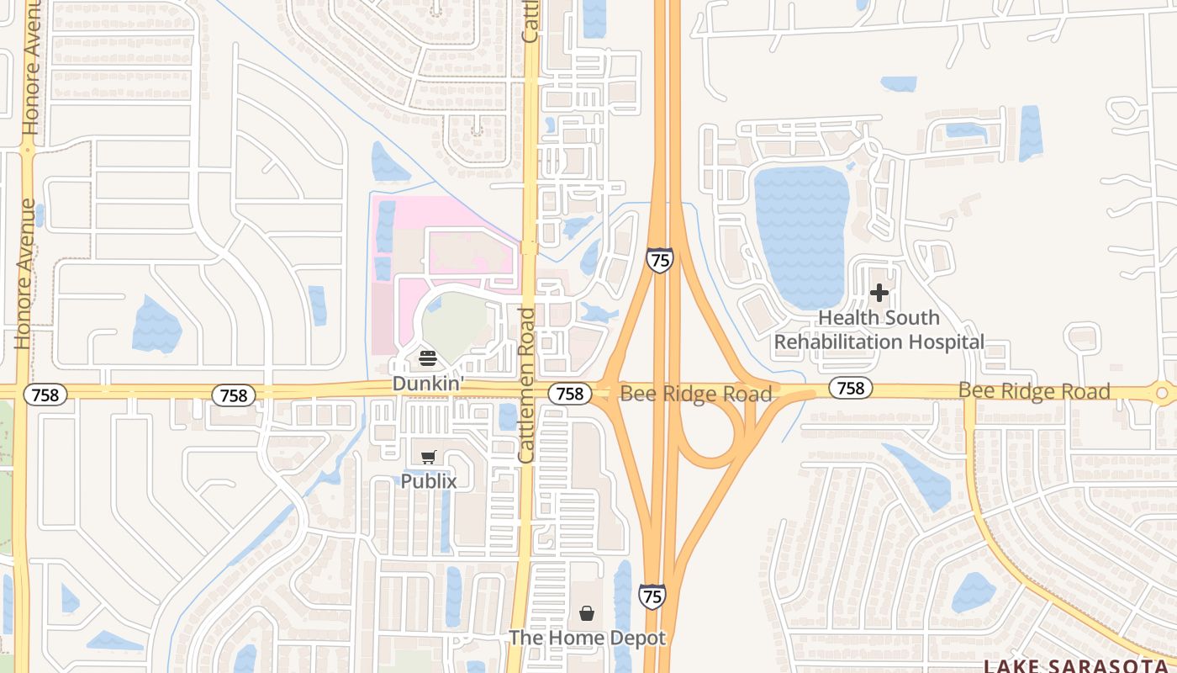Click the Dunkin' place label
pyautogui.click(x=428, y=384)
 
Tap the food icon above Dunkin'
pyautogui.click(x=428, y=359)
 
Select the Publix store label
pyautogui.click(x=429, y=481)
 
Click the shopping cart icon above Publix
pyautogui.click(x=429, y=457)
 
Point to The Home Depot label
pyautogui.click(x=587, y=638)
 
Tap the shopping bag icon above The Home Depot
pyautogui.click(x=587, y=613)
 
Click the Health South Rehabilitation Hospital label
pyautogui.click(x=879, y=330)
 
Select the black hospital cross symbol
pyautogui.click(x=879, y=293)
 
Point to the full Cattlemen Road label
pyautogui.click(x=527, y=385)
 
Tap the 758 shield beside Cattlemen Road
pyautogui.click(x=569, y=393)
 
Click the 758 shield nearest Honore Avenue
pyautogui.click(x=45, y=395)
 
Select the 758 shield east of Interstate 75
pyautogui.click(x=851, y=388)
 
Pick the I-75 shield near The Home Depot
pyautogui.click(x=652, y=596)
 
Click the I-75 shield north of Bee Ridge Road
pyautogui.click(x=660, y=260)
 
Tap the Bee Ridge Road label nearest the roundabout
pyautogui.click(x=1034, y=391)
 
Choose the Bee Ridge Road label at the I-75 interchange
pyautogui.click(x=695, y=394)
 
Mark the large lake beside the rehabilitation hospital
pyautogui.click(x=802, y=236)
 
